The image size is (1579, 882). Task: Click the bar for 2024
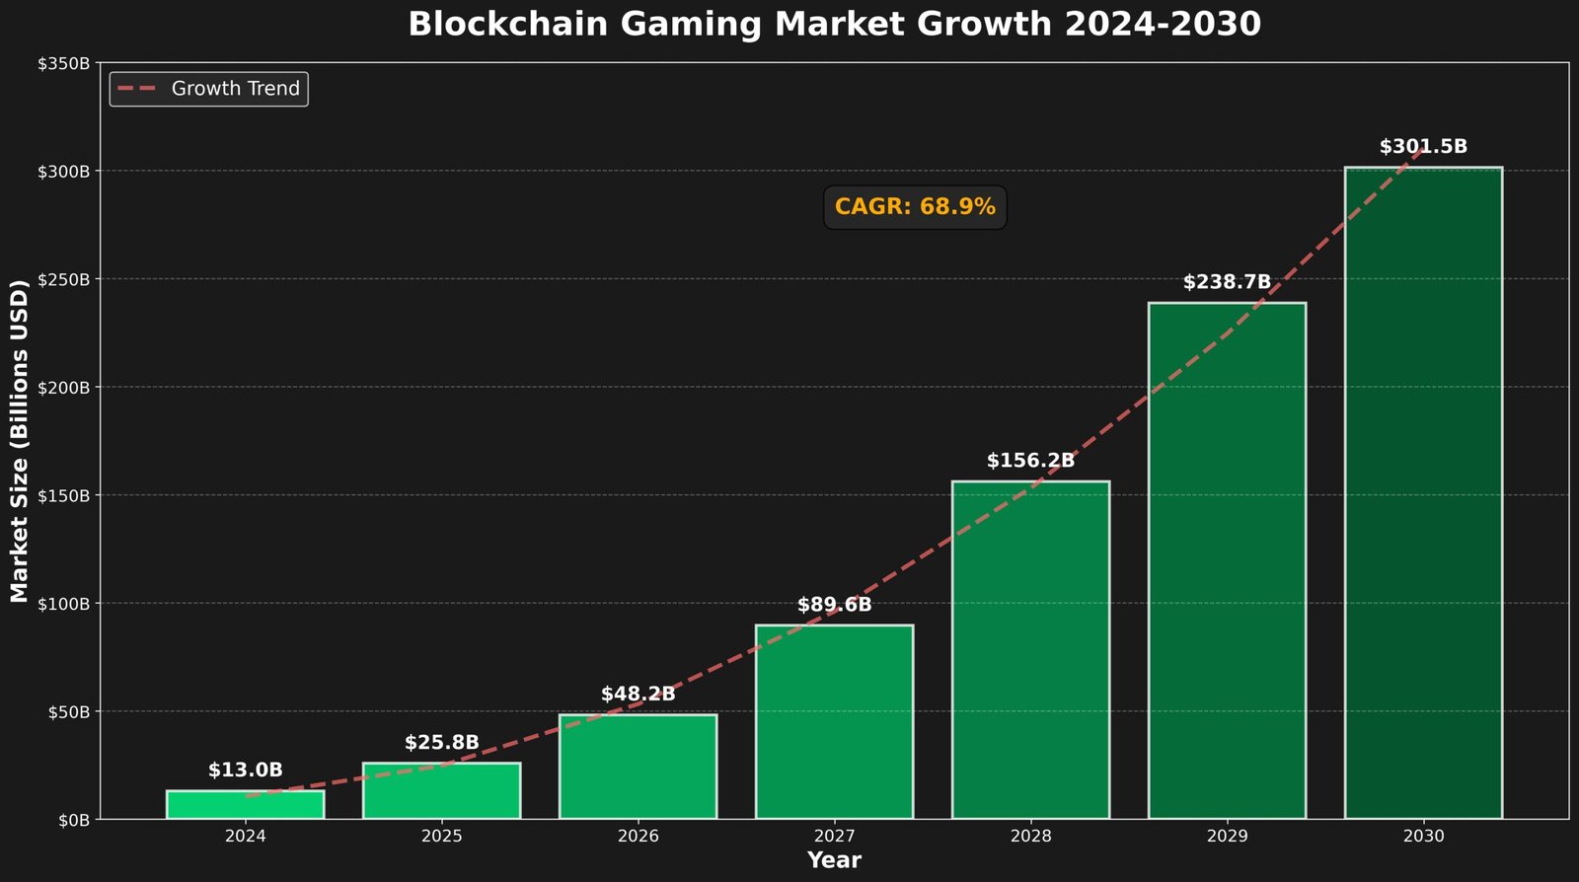[x=245, y=805]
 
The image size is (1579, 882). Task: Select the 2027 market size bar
[x=834, y=722]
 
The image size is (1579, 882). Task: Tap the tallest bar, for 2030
[x=1423, y=493]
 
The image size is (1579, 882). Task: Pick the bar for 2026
[x=638, y=767]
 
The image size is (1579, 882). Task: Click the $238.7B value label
[x=1227, y=282]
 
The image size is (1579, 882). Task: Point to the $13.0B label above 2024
[x=245, y=771]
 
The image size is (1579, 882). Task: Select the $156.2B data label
[x=1030, y=461]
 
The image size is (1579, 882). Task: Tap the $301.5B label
[x=1423, y=147]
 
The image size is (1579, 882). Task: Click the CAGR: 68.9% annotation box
[x=915, y=207]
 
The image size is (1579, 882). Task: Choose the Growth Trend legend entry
[x=209, y=89]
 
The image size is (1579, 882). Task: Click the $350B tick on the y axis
[x=64, y=63]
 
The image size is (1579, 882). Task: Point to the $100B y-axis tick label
[x=64, y=603]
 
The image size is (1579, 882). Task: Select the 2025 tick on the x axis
[x=441, y=837]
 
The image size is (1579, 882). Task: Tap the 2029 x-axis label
[x=1227, y=837]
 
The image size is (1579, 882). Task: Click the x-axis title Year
[x=834, y=860]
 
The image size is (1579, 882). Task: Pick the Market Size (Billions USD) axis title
[x=20, y=441]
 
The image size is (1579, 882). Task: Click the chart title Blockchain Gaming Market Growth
[x=834, y=25]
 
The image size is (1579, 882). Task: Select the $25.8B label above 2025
[x=441, y=743]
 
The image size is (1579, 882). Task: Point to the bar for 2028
[x=1030, y=651]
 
